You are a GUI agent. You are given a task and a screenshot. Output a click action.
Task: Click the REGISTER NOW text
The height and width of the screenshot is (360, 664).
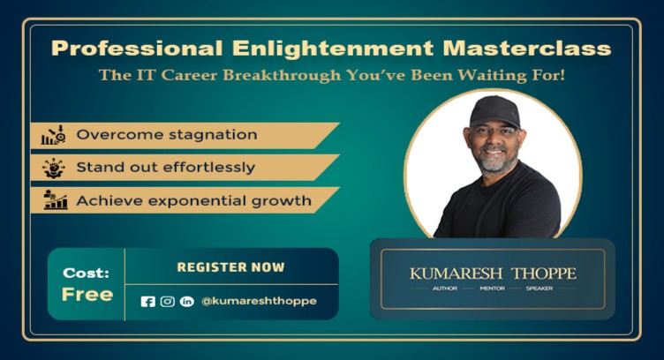click(231, 266)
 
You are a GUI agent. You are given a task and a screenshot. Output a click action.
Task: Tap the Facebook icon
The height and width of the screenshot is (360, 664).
click(147, 301)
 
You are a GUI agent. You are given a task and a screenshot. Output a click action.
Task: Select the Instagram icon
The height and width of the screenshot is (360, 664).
click(167, 301)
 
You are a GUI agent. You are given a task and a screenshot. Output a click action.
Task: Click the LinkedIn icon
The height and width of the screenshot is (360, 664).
click(186, 301)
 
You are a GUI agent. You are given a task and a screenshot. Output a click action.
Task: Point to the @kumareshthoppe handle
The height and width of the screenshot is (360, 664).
click(259, 301)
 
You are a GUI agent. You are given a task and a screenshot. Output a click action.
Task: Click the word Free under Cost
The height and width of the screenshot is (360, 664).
click(87, 294)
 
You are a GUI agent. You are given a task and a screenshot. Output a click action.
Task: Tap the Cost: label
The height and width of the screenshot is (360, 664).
click(87, 273)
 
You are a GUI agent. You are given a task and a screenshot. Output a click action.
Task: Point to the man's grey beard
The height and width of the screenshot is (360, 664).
click(495, 160)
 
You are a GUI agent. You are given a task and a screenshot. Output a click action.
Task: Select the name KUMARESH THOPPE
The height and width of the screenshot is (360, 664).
click(492, 273)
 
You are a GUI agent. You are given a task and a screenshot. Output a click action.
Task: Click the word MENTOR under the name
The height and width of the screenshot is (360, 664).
click(492, 289)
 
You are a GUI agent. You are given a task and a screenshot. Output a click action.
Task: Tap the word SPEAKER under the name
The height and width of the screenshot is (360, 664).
click(540, 289)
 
